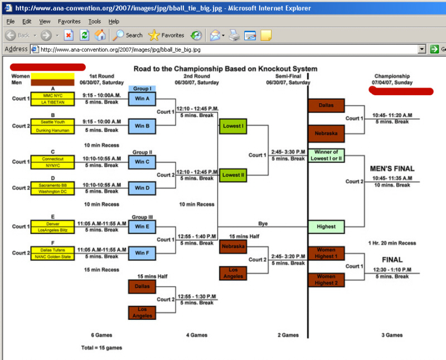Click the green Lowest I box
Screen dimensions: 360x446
click(233, 126)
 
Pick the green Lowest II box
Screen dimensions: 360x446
click(233, 175)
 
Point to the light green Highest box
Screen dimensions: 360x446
click(326, 226)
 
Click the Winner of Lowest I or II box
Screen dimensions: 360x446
click(326, 155)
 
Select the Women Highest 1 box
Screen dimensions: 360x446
click(326, 253)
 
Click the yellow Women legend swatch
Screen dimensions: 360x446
click(52, 76)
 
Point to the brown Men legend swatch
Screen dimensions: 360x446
click(52, 83)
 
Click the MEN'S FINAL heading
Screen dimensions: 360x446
click(392, 168)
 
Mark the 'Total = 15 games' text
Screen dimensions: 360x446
click(101, 348)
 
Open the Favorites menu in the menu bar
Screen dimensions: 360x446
click(69, 21)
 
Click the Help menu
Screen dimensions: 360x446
click(114, 21)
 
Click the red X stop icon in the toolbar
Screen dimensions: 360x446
click(69, 35)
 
